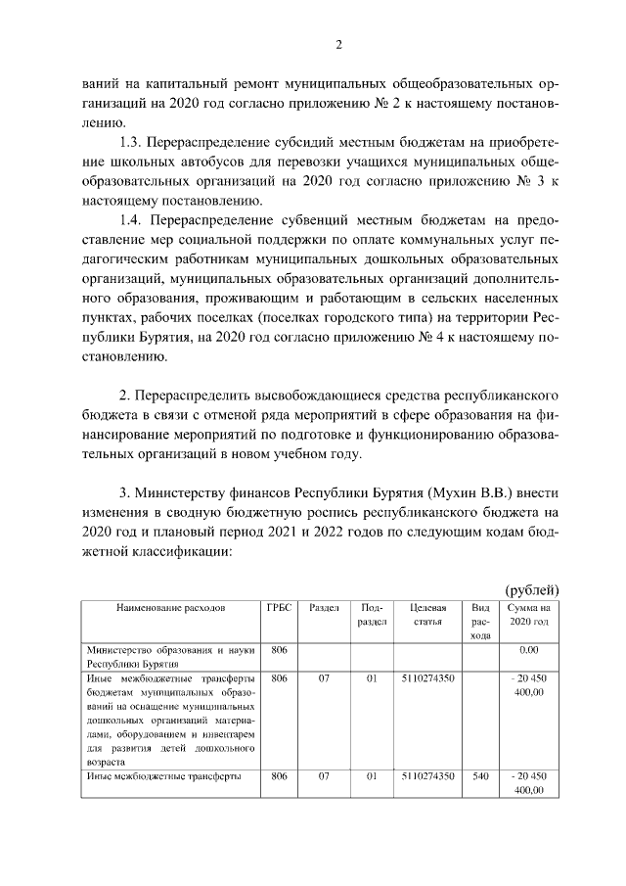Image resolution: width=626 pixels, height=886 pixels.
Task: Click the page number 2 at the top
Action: point(338,44)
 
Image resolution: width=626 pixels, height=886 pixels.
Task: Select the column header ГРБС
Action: point(279,608)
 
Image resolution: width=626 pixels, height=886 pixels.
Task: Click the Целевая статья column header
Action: point(427,614)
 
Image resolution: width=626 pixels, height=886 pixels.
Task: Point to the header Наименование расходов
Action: point(170,608)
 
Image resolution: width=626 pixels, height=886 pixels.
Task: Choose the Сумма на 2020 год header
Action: point(529,614)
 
